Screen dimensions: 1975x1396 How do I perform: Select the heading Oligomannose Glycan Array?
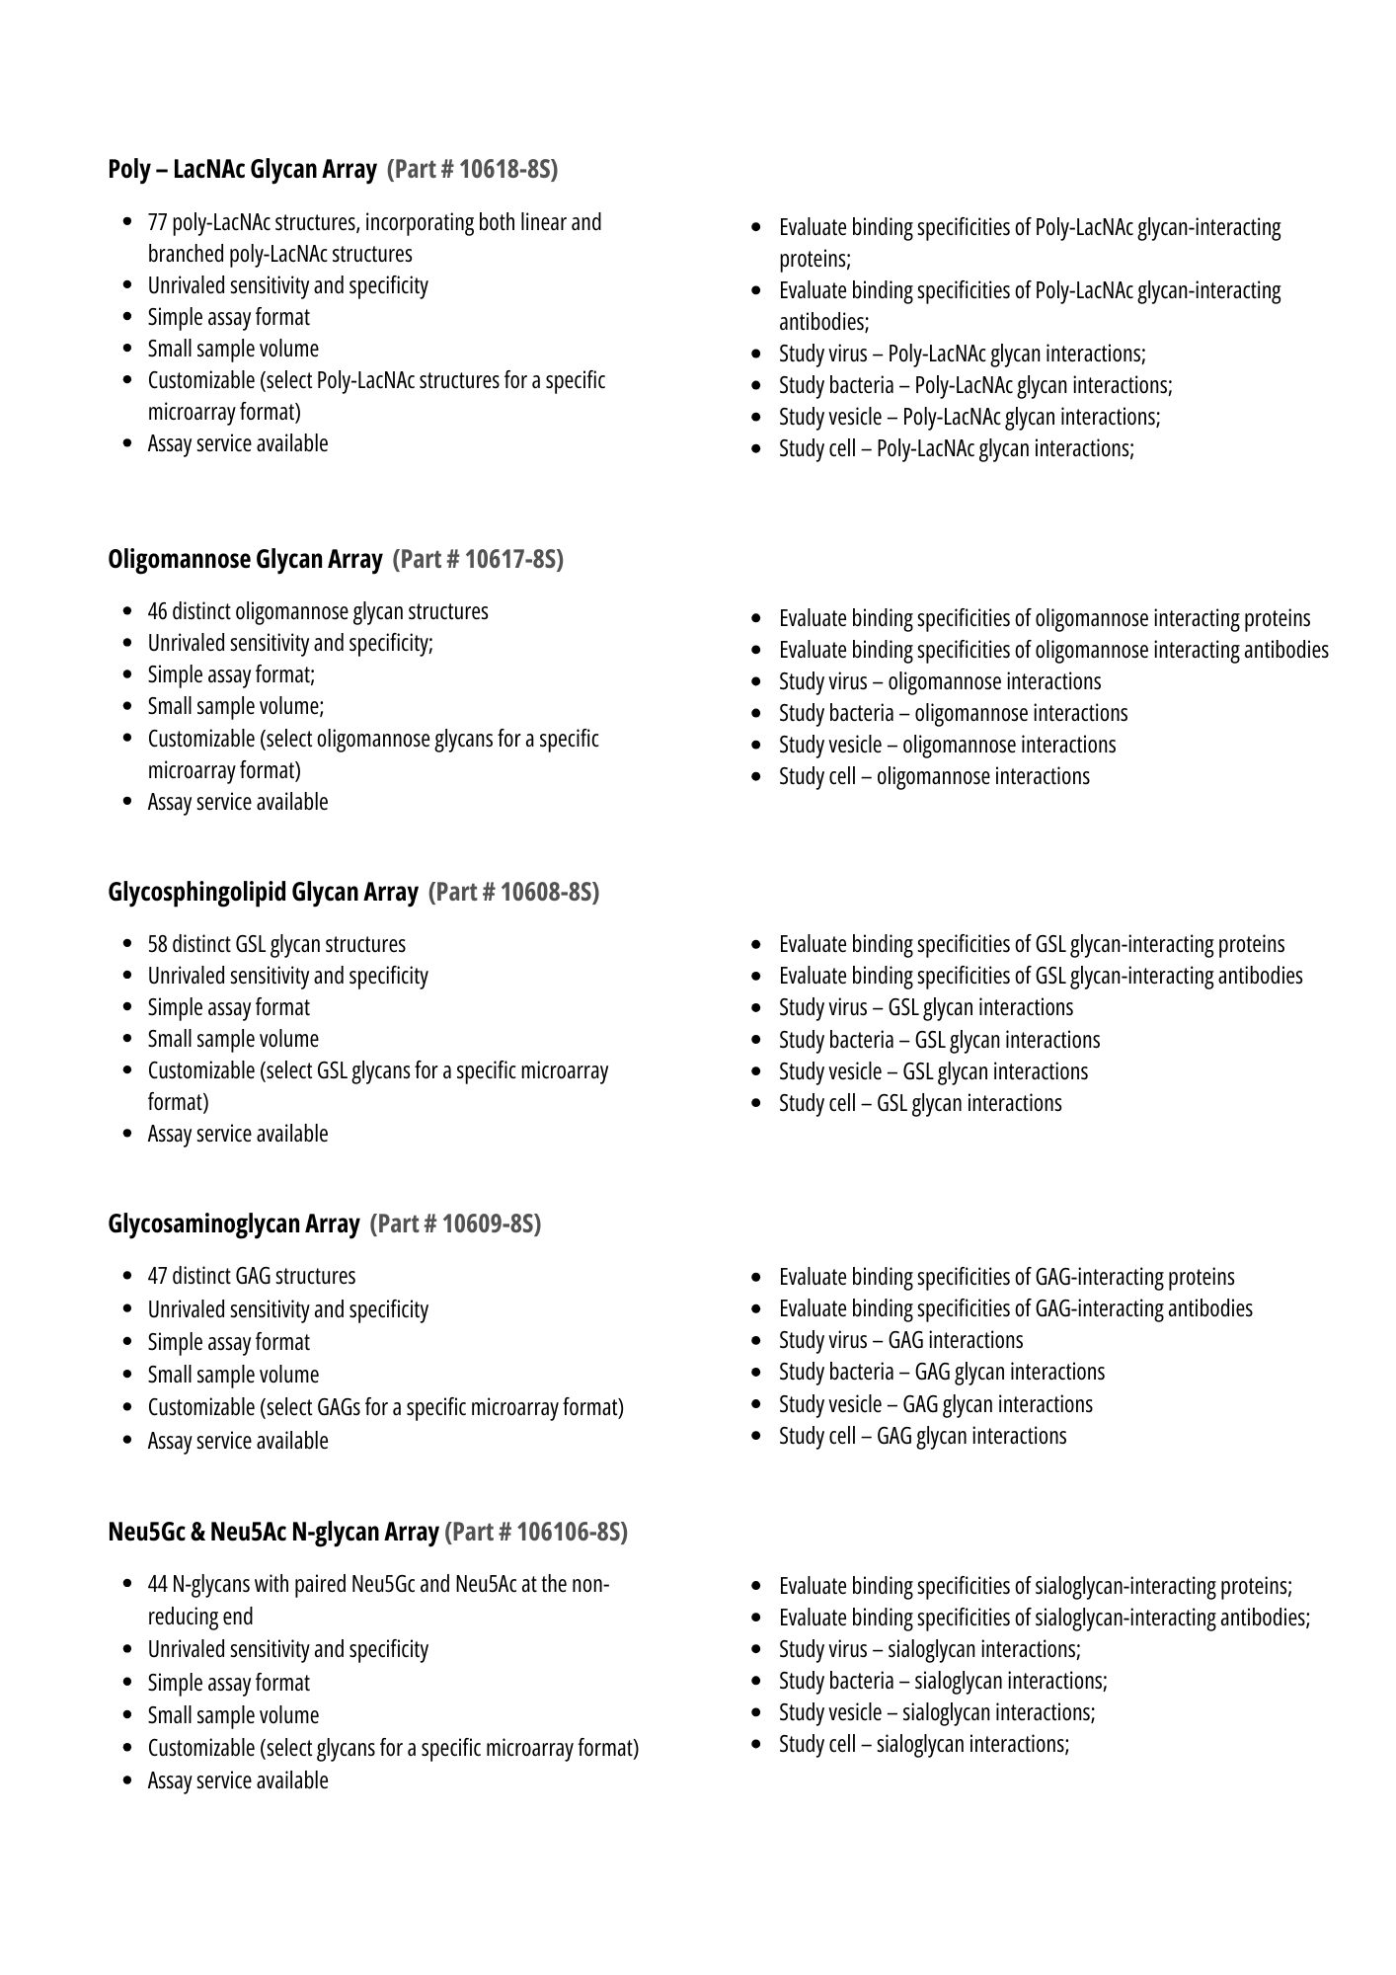click(x=245, y=560)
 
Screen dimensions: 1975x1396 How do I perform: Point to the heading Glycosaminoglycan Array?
click(x=233, y=1224)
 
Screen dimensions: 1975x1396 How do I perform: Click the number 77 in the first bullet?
click(x=157, y=223)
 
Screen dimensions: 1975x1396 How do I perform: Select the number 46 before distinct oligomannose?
click(x=158, y=612)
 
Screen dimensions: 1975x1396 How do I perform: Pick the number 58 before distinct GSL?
click(x=158, y=945)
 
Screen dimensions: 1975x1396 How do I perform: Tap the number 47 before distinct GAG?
click(x=158, y=1277)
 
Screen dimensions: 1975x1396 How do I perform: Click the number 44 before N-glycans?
click(x=158, y=1585)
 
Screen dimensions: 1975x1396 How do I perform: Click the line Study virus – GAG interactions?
click(x=900, y=1341)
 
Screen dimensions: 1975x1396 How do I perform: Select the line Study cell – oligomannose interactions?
click(x=934, y=777)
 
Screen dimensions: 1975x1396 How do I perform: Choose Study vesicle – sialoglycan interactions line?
click(x=937, y=1713)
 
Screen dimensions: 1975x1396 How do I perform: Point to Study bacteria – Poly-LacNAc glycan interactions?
click(x=975, y=386)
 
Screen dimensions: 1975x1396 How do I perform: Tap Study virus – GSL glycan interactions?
click(x=925, y=1008)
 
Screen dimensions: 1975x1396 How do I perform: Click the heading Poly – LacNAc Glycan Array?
click(x=242, y=170)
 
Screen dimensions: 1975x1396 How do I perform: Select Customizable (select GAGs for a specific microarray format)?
click(x=385, y=1408)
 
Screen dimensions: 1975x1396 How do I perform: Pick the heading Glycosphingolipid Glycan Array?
click(x=263, y=893)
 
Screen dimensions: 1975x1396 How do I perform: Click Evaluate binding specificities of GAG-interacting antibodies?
click(x=1015, y=1309)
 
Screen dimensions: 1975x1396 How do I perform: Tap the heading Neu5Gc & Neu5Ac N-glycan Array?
click(x=272, y=1532)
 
